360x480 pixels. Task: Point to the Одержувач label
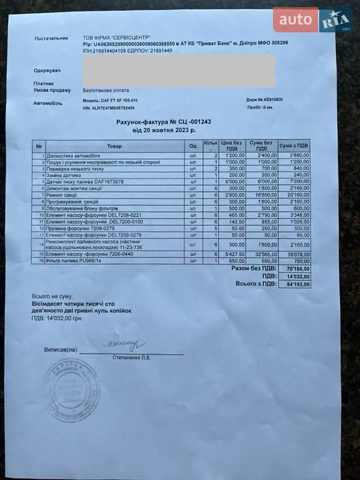tap(48, 71)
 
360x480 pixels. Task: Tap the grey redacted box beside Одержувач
tap(179, 71)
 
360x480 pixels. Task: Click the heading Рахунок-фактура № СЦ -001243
tap(164, 122)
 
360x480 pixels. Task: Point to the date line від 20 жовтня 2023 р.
tap(164, 130)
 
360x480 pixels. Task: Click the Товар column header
tap(114, 146)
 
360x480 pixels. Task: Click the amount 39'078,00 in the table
tap(296, 254)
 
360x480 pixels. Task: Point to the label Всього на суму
tap(52, 296)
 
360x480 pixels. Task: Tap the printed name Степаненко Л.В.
tap(131, 358)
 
